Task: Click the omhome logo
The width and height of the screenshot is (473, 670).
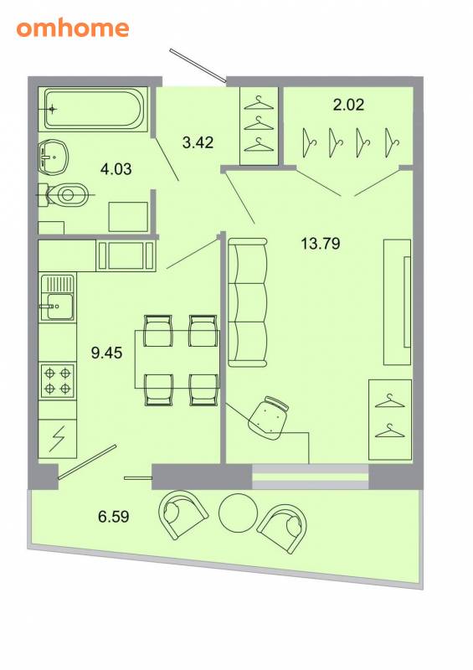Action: pyautogui.click(x=73, y=28)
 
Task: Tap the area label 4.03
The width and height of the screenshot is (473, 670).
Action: pyautogui.click(x=116, y=169)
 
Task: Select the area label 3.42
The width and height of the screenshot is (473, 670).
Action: pyautogui.click(x=198, y=142)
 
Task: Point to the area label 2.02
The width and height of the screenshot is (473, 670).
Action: pyautogui.click(x=348, y=105)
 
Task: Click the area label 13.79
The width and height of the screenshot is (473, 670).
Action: pyautogui.click(x=321, y=244)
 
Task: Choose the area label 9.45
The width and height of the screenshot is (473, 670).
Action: pyautogui.click(x=107, y=353)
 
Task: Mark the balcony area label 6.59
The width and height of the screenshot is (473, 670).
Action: pyautogui.click(x=114, y=517)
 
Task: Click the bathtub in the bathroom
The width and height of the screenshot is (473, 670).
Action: pyautogui.click(x=93, y=109)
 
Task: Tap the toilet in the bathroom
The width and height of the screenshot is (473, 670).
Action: pyautogui.click(x=64, y=195)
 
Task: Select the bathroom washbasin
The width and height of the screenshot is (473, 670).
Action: pyautogui.click(x=54, y=157)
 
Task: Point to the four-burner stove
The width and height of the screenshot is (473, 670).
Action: pyautogui.click(x=58, y=381)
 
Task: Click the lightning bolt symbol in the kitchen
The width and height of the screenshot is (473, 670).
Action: pyautogui.click(x=57, y=439)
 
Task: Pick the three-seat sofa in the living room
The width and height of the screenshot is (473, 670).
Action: pyautogui.click(x=248, y=302)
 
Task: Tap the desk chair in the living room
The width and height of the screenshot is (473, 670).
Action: pyautogui.click(x=270, y=417)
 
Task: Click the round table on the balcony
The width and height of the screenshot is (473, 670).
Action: pyautogui.click(x=238, y=513)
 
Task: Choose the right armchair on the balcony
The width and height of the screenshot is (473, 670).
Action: pyautogui.click(x=282, y=529)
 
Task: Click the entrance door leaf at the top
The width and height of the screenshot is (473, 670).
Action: pyautogui.click(x=198, y=65)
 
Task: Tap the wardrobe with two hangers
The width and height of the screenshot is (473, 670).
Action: pyautogui.click(x=390, y=420)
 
